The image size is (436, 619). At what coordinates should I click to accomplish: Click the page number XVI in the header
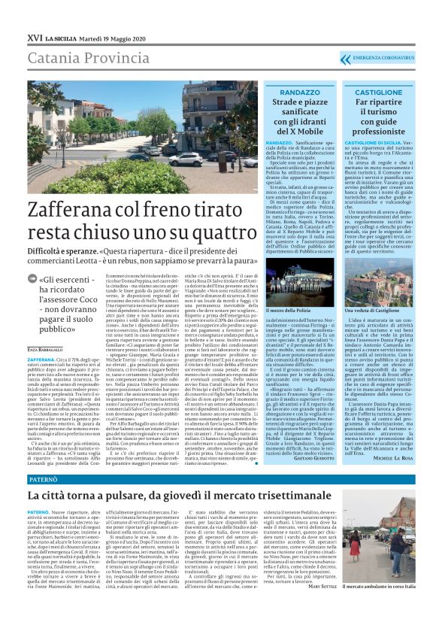pyautogui.click(x=33, y=37)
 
